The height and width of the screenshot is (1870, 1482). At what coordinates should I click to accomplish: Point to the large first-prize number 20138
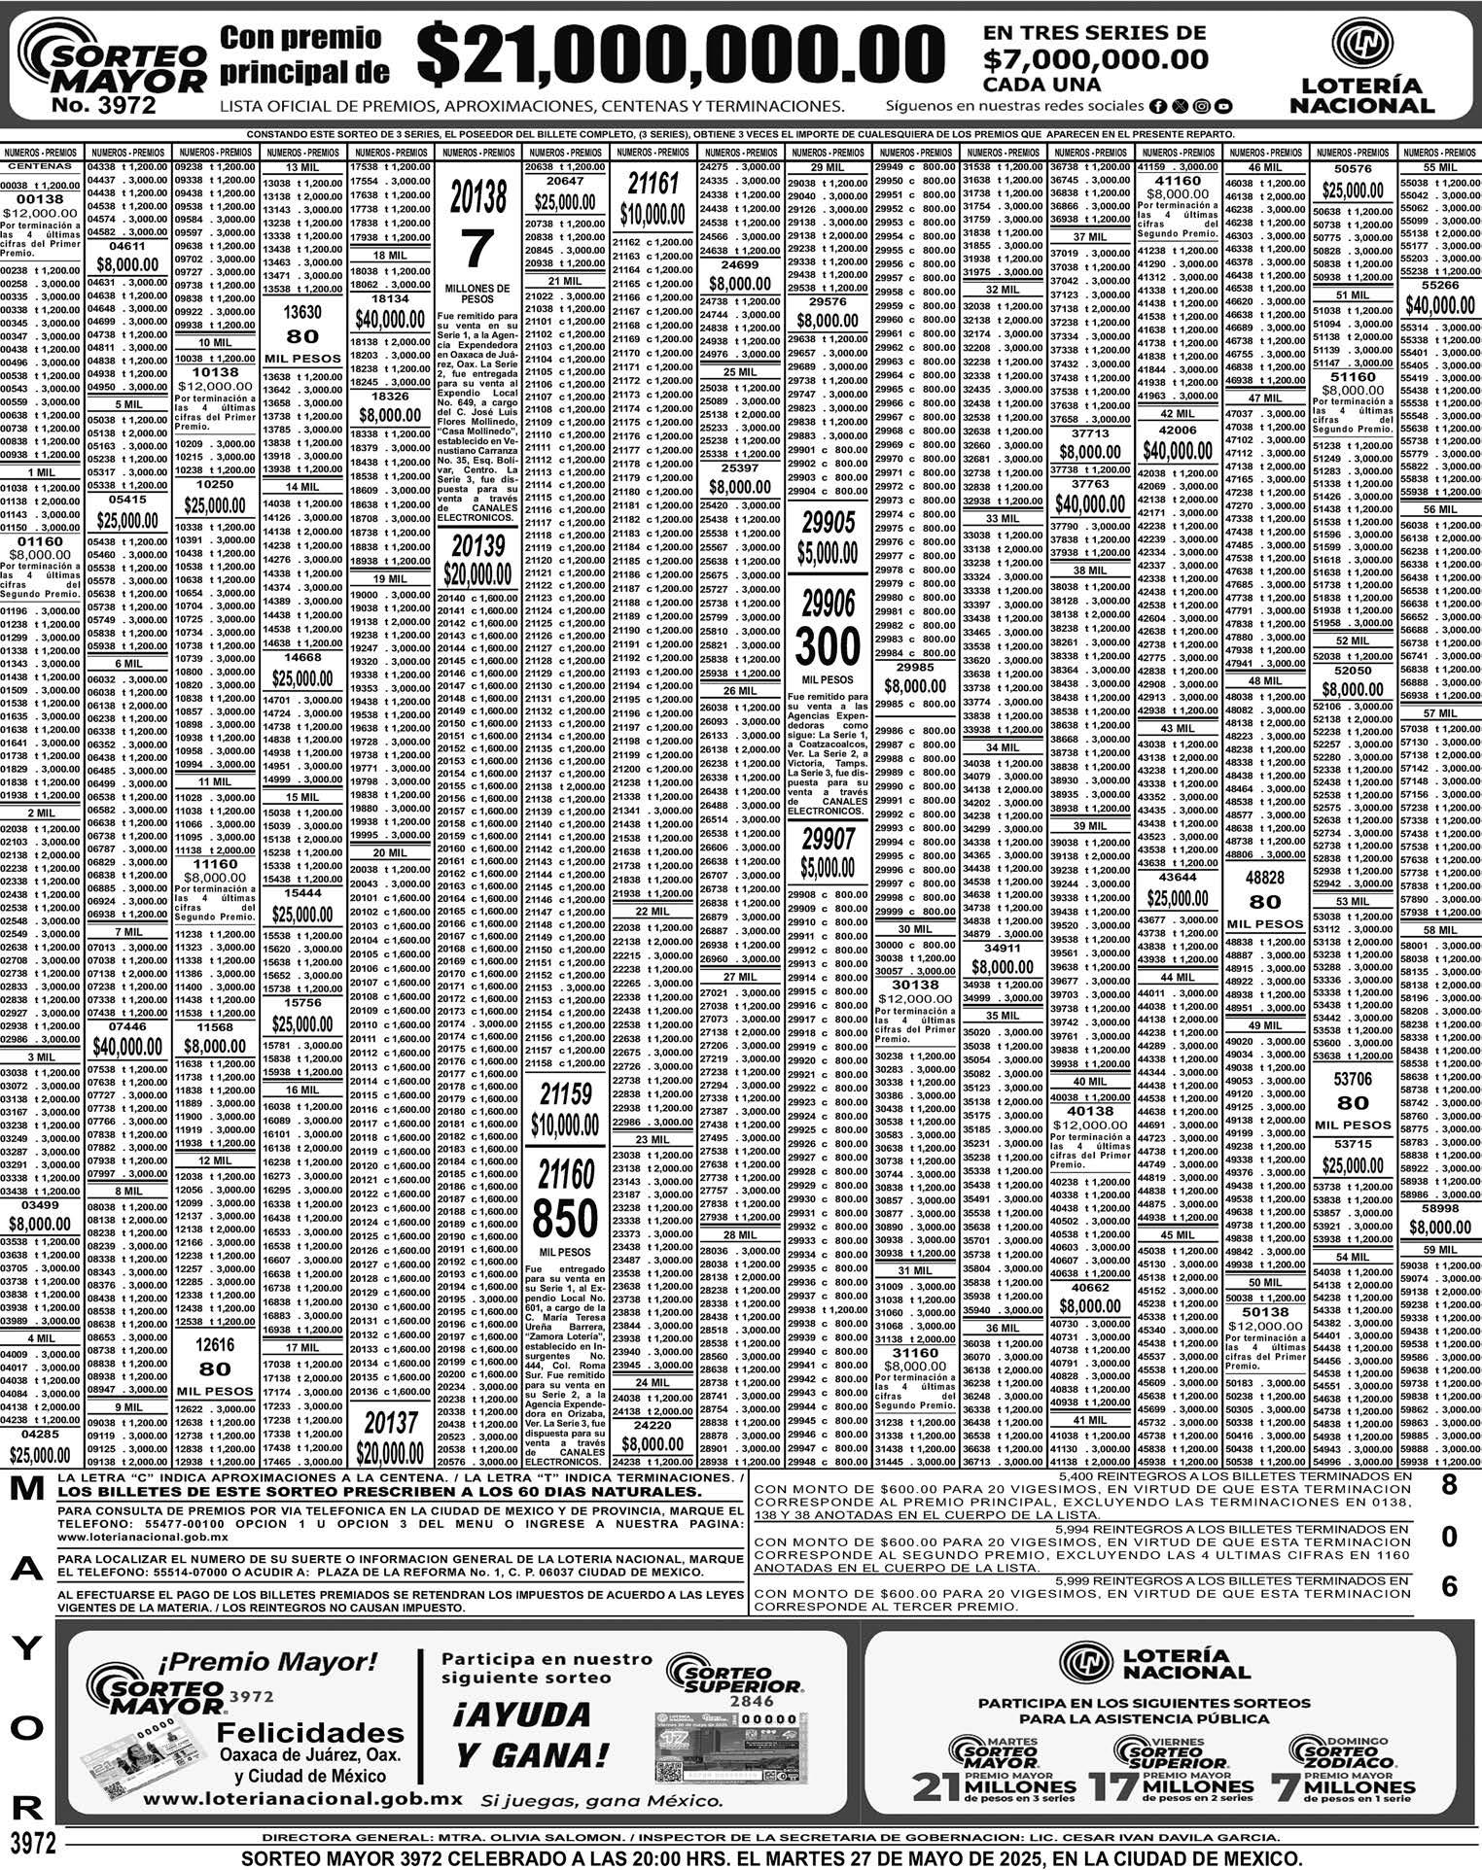477,197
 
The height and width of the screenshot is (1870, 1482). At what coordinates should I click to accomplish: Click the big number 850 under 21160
566,1219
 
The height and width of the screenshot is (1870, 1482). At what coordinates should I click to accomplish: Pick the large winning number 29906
828,605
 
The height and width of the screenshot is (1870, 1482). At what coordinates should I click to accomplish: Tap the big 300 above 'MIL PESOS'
828,646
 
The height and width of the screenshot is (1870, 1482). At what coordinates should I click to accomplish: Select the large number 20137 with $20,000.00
390,1423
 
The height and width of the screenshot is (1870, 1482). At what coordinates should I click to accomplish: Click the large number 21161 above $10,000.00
653,184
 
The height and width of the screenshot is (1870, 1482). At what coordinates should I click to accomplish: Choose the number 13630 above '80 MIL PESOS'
302,313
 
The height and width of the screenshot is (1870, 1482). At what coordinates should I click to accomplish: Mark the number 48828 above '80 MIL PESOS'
1265,877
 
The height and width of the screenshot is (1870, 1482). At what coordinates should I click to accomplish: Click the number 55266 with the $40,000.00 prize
1439,286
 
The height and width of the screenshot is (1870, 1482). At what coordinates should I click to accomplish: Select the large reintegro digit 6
1449,1586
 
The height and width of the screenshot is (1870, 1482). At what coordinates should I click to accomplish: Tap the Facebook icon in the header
1157,106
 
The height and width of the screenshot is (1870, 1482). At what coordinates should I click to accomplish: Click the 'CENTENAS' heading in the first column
41,166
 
